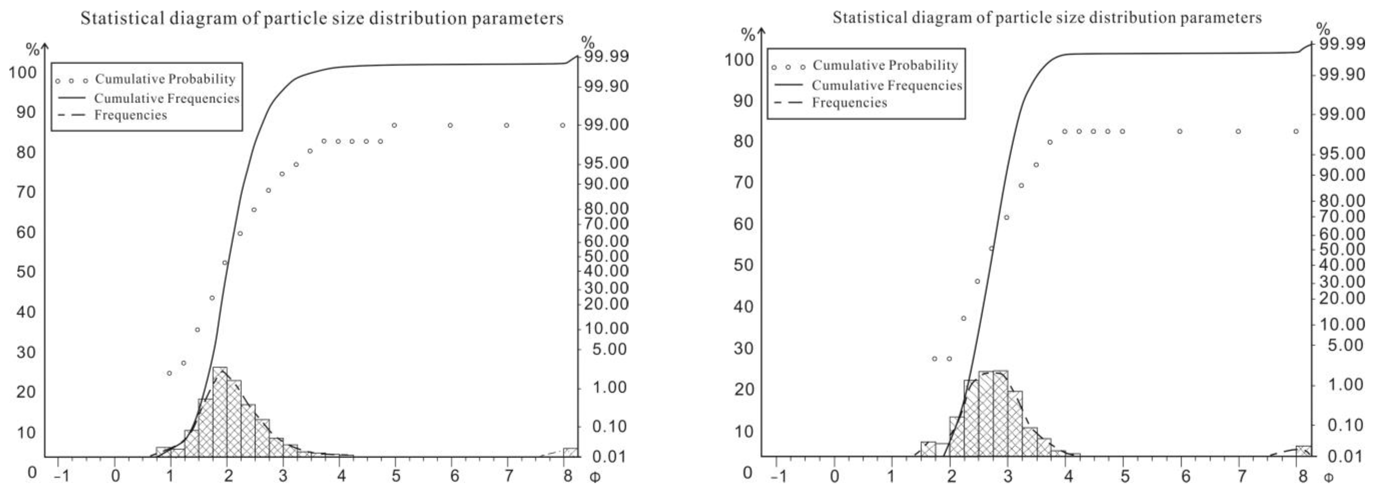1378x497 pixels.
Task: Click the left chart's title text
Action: click(x=322, y=19)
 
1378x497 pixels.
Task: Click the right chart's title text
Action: click(x=1047, y=18)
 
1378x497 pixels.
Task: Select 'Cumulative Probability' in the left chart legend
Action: click(x=165, y=79)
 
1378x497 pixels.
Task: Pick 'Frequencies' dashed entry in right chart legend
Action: click(x=849, y=102)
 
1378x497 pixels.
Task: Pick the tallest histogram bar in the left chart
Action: click(x=220, y=411)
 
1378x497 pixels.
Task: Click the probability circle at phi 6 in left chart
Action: click(x=451, y=125)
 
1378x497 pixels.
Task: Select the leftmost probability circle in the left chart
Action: click(x=169, y=373)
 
